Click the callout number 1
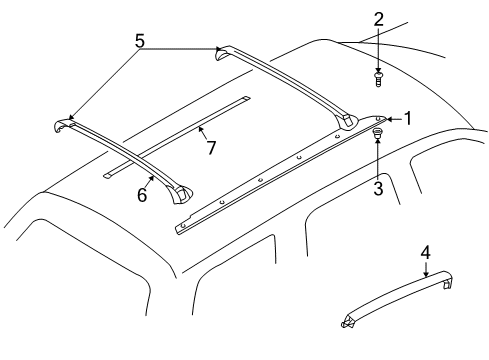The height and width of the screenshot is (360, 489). [x=407, y=119]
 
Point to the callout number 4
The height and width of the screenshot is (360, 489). [x=425, y=254]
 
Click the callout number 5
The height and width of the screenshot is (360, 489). [x=139, y=42]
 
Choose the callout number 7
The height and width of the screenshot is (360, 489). [x=210, y=149]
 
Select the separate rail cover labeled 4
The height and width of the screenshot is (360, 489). [x=400, y=294]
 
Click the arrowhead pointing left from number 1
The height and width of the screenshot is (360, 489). [x=391, y=119]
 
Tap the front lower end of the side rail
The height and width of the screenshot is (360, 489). [x=181, y=228]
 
